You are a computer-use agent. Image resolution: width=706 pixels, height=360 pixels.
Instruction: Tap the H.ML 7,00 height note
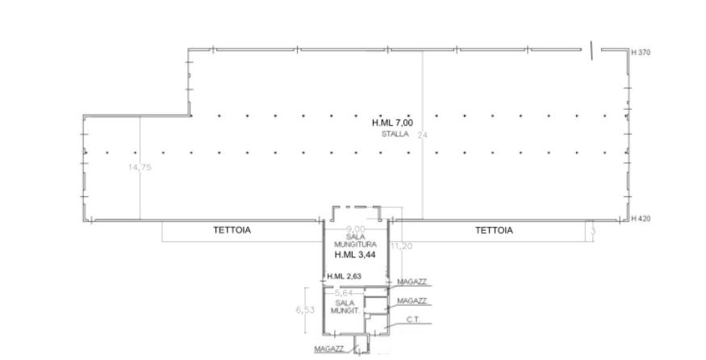point(393,123)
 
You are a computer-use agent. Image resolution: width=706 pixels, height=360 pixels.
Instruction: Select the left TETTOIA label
point(232,230)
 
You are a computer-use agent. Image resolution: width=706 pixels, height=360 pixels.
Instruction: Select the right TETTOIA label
point(495,230)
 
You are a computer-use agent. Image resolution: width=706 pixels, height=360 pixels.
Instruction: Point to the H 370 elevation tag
point(641,52)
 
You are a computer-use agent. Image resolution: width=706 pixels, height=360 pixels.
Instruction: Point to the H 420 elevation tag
point(641,219)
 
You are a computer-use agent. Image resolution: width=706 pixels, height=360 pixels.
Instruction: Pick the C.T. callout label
point(415,320)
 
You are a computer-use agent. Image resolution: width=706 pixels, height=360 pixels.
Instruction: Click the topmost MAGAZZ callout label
point(413,280)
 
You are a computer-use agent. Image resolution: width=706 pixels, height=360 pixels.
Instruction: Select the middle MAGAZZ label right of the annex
point(413,300)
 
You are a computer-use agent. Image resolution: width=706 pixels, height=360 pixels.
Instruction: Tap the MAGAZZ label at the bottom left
point(331,349)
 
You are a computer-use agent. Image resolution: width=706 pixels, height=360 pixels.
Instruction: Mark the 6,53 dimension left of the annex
point(303,309)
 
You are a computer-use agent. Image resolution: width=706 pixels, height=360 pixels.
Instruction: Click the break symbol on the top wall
point(592,50)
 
